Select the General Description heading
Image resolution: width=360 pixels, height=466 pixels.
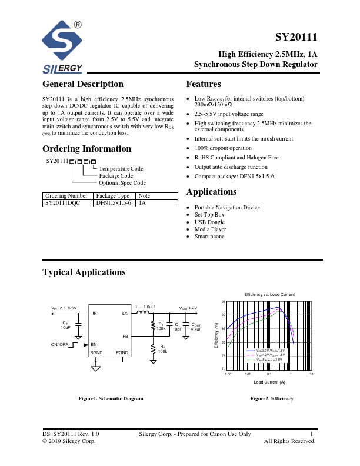[83, 84]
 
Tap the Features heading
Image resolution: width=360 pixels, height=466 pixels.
[204, 84]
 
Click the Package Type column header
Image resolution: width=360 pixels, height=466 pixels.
[113, 195]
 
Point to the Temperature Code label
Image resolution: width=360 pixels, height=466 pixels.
[121, 169]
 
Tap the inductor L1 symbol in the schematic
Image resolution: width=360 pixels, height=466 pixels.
[142, 313]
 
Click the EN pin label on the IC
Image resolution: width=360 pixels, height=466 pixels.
[94, 344]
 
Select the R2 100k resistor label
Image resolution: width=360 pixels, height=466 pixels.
[162, 348]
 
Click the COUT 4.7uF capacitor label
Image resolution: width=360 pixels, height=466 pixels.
[195, 327]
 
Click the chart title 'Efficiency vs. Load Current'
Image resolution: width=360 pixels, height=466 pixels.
[269, 294]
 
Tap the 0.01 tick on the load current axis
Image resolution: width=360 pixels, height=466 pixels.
[248, 374]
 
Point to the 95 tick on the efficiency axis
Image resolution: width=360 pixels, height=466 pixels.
[223, 301]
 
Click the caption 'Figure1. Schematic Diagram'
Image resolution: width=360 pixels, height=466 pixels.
[111, 398]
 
